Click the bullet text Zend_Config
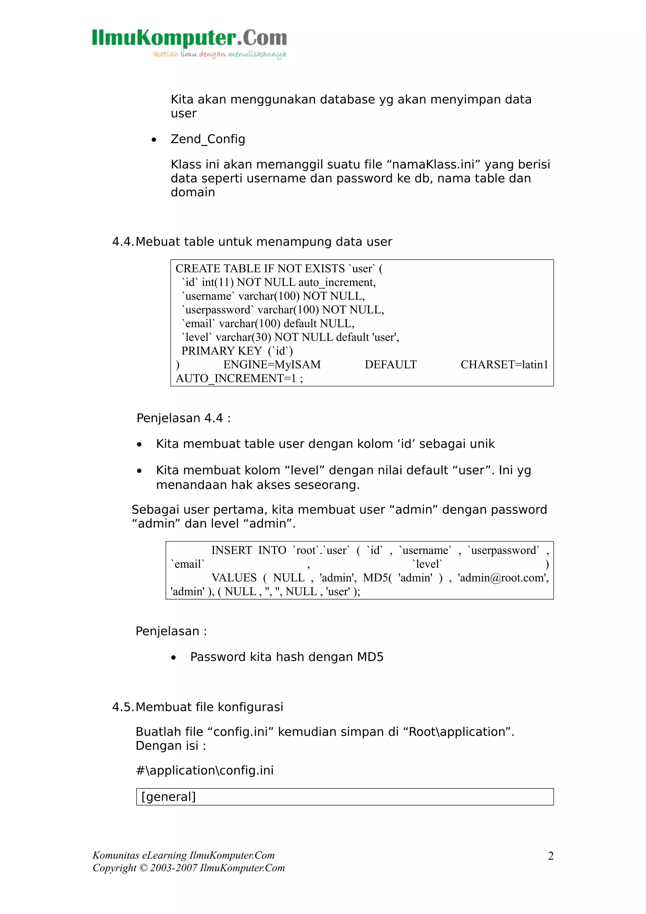pyautogui.click(x=208, y=139)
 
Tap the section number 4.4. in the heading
pyautogui.click(x=123, y=242)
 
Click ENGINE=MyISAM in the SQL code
pyautogui.click(x=272, y=365)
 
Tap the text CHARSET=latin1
pyautogui.click(x=504, y=365)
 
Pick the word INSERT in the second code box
pyautogui.click(x=231, y=551)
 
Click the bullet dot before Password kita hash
pyautogui.click(x=173, y=658)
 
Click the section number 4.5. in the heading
pyautogui.click(x=123, y=707)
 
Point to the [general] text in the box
pyautogui.click(x=169, y=797)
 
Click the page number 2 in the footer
pyautogui.click(x=550, y=856)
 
